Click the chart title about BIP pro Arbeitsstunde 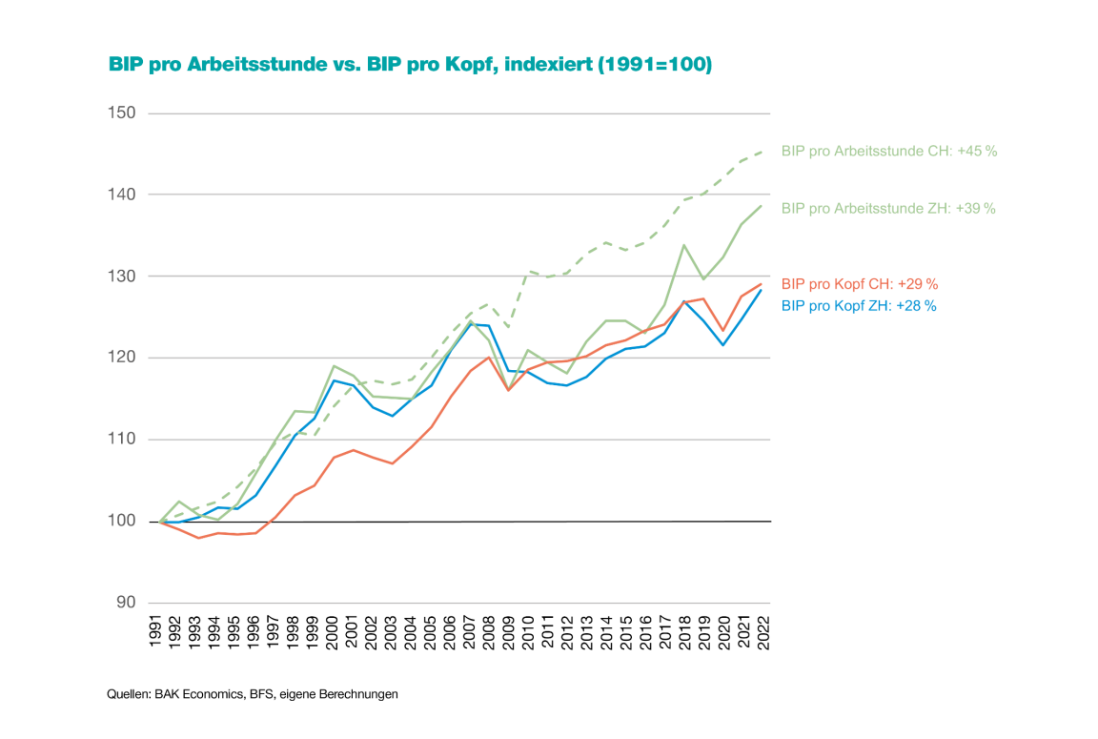[x=411, y=65]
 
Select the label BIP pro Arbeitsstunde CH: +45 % [x=888, y=151]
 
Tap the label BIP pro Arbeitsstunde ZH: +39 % [x=887, y=208]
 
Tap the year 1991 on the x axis [x=160, y=631]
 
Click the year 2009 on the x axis [x=509, y=631]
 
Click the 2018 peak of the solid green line [x=683, y=245]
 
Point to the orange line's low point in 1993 [x=198, y=538]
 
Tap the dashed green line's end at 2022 [x=762, y=151]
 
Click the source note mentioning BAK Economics [x=253, y=694]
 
